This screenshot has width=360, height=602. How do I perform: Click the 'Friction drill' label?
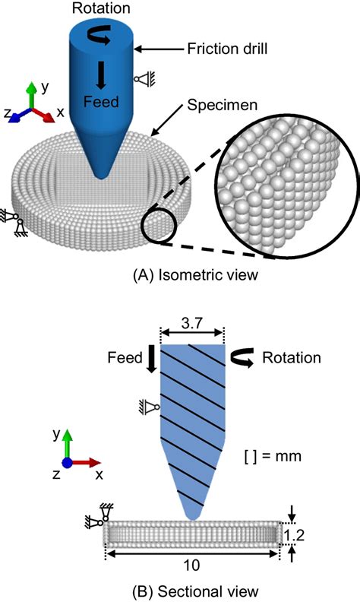[227, 49]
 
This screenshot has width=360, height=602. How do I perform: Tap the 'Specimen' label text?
[223, 105]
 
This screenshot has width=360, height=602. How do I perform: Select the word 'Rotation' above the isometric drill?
[101, 8]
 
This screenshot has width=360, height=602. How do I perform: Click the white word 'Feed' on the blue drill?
[101, 102]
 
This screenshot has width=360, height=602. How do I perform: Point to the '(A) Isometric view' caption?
[195, 275]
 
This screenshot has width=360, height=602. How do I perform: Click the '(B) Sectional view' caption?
[195, 591]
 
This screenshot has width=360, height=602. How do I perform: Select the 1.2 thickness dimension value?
[294, 534]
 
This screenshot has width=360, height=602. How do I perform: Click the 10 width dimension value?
[191, 566]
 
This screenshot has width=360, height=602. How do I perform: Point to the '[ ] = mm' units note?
[273, 456]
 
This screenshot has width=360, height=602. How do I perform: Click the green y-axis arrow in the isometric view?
[31, 95]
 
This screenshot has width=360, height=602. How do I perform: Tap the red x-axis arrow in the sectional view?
[85, 463]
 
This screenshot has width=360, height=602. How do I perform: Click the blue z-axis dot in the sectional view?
[67, 463]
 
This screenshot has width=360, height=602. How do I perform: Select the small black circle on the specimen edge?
[159, 227]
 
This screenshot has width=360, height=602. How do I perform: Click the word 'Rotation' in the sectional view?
[292, 357]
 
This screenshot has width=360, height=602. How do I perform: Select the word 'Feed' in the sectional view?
[125, 357]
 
